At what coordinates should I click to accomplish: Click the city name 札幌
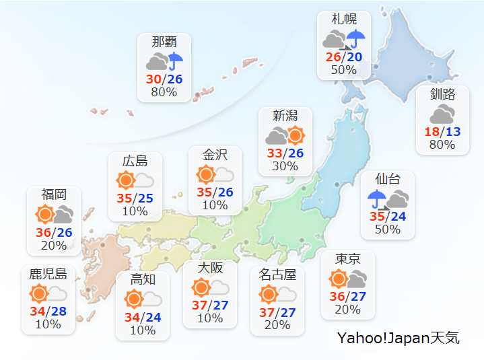[x=344, y=19]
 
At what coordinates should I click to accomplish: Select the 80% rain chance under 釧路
[x=442, y=145]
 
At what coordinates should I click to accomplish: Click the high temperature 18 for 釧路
[x=432, y=132]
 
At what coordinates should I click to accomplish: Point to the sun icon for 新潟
[x=296, y=135]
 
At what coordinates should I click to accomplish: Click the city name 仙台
[x=388, y=179]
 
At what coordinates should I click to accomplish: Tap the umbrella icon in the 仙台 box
[x=377, y=199]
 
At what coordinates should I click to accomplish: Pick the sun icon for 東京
[x=339, y=279]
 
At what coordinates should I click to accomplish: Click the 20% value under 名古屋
[x=277, y=325]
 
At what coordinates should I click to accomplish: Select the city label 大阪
[x=210, y=267]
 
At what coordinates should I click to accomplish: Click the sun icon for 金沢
[x=205, y=175]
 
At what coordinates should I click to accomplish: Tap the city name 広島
[x=135, y=161]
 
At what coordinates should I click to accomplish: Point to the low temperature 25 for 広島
[x=145, y=198]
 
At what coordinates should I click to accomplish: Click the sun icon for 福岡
[x=45, y=215]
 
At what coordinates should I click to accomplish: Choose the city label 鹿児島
[x=48, y=274]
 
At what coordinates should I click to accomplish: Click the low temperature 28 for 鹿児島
[x=58, y=312]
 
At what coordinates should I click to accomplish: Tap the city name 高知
[x=143, y=279]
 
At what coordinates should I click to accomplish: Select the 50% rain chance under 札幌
[x=343, y=69]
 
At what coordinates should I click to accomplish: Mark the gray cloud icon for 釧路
[x=442, y=114]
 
